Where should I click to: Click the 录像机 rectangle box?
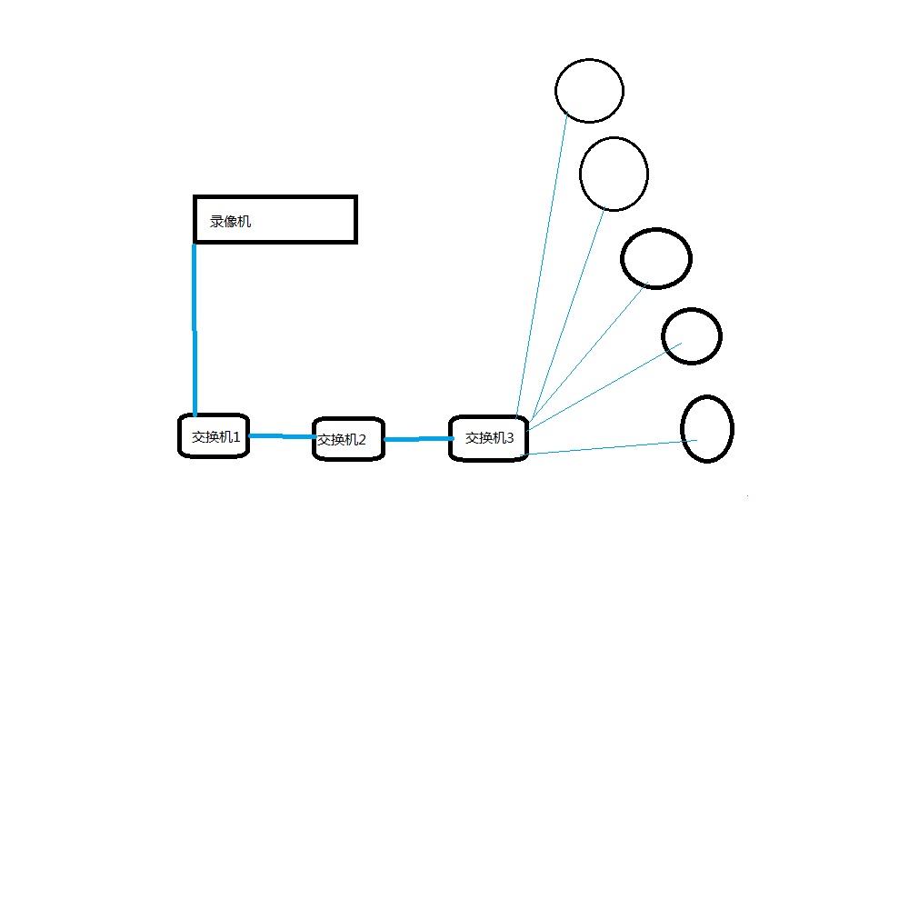coord(275,197)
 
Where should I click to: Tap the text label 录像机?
coord(230,222)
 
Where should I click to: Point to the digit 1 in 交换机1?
coord(236,437)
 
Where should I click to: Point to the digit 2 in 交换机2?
coord(362,440)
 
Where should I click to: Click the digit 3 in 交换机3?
coord(510,438)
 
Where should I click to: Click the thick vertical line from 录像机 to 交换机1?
coord(195,329)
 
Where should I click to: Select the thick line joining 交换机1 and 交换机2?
coord(283,436)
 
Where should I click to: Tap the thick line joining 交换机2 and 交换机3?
coord(418,439)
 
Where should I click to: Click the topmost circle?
coord(589,59)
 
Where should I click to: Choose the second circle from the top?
coord(614,138)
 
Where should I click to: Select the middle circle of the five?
coord(655,230)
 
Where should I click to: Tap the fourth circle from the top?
coord(692,310)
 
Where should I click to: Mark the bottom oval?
coord(706,396)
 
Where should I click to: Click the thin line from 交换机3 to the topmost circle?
coord(542,265)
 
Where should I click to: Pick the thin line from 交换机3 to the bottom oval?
coord(611,447)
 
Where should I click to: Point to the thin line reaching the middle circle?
coord(588,353)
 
